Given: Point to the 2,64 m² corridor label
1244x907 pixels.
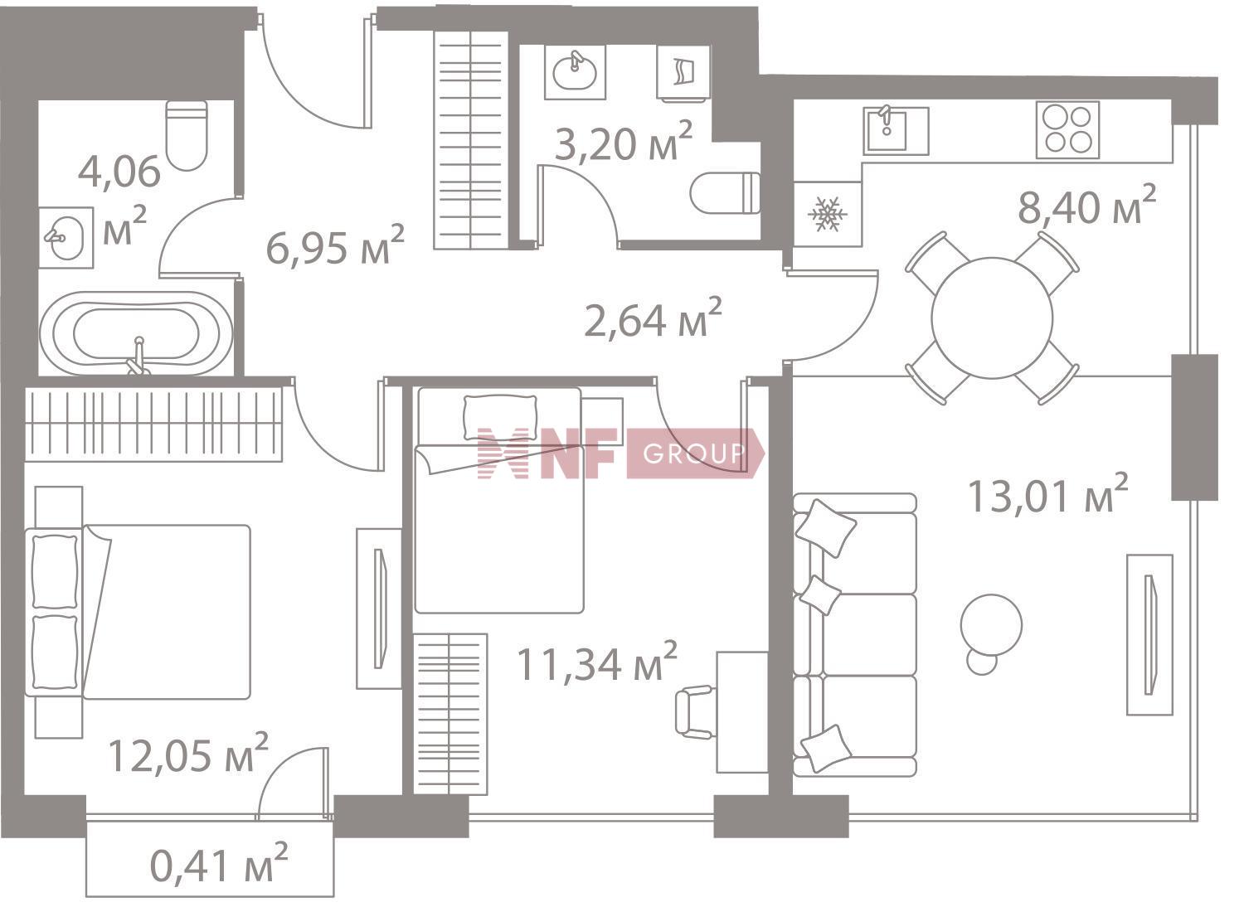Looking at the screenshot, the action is (654, 318).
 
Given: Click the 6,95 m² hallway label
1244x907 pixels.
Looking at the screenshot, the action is (335, 245).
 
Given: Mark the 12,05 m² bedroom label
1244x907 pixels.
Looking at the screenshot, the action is (188, 754).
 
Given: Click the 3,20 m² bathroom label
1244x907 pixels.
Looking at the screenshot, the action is (624, 141).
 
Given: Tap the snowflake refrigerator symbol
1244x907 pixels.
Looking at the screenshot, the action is (827, 214).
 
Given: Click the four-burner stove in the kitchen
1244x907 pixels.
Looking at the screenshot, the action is (1067, 130).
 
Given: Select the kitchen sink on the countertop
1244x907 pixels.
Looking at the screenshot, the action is (896, 131).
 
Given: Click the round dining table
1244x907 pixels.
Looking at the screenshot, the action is (992, 318).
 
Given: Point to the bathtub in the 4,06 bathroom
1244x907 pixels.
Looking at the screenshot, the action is (137, 333).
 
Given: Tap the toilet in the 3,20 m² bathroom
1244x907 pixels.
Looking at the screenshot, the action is (725, 192).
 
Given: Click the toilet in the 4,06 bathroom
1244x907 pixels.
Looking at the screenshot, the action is (187, 135).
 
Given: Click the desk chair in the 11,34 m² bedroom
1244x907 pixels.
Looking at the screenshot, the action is (694, 712).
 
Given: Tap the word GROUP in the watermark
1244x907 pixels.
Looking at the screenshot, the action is (693, 453).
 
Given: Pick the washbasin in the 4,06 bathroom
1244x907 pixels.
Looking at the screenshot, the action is (66, 238).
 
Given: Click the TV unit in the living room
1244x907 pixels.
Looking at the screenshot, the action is (1149, 634).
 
